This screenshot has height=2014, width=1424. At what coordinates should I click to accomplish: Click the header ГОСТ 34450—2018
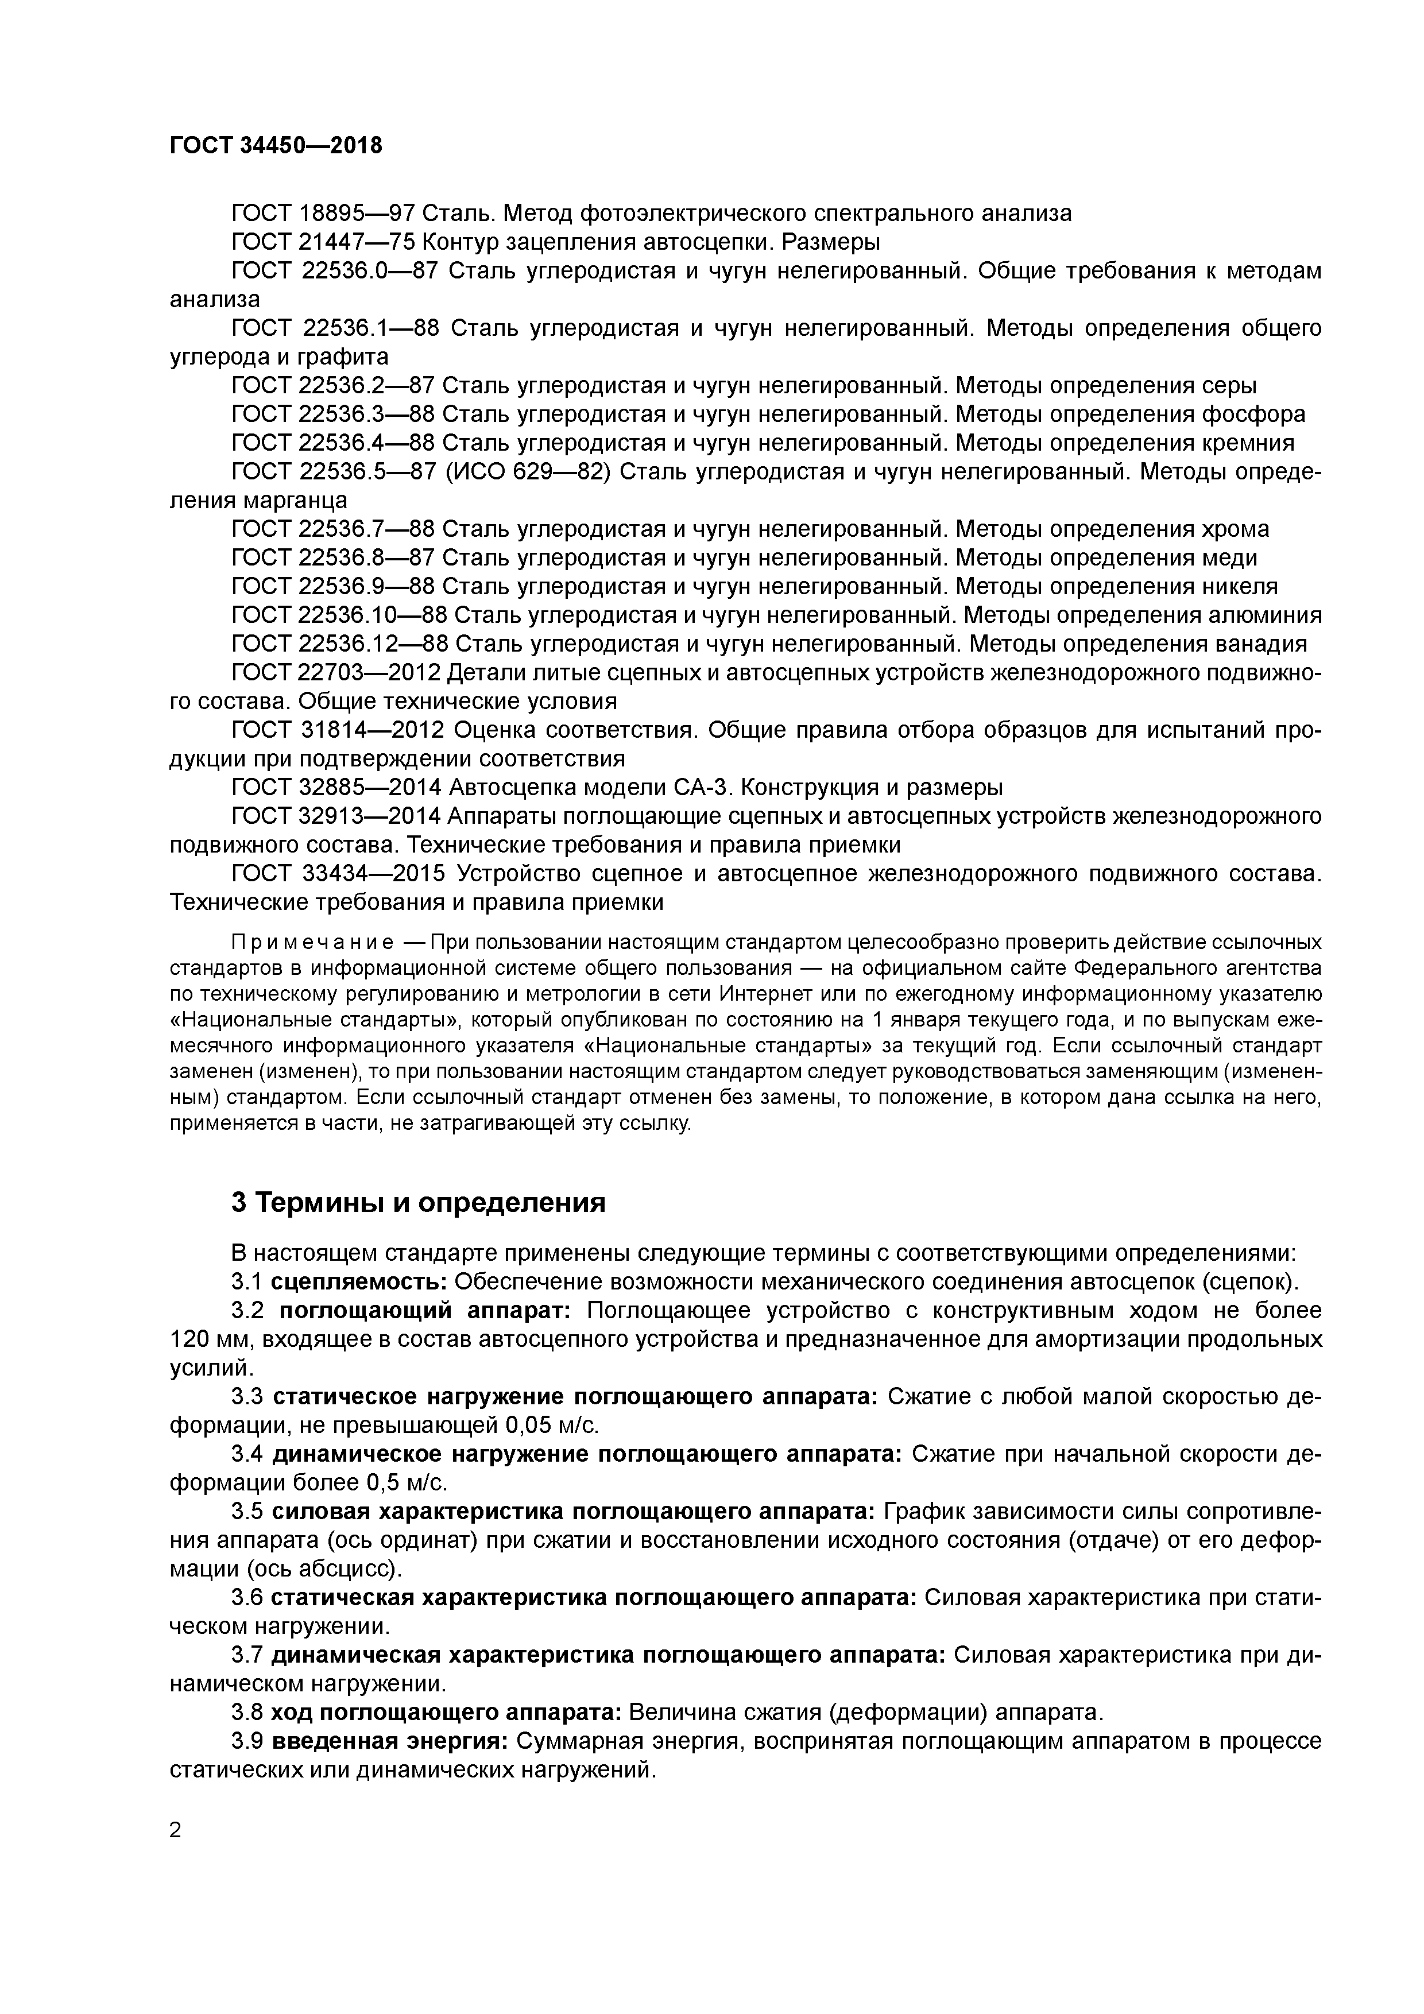tap(276, 146)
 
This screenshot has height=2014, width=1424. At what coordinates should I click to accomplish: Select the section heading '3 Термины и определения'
tap(419, 1203)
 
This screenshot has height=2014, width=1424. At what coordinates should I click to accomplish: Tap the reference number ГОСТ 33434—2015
tap(339, 874)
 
